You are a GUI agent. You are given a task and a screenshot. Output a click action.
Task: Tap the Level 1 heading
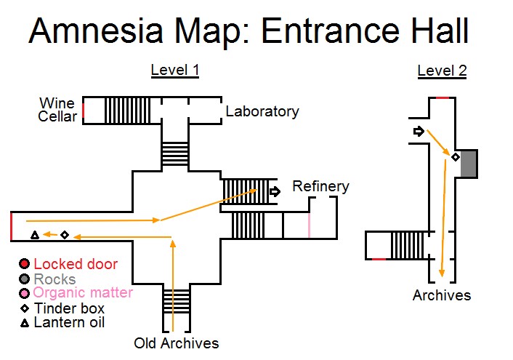pyautogui.click(x=174, y=71)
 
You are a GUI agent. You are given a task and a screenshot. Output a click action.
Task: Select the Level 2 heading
pyautogui.click(x=442, y=71)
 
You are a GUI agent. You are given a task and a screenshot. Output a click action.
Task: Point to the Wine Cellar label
pyautogui.click(x=57, y=109)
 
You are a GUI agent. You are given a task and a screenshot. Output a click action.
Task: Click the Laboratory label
pyautogui.click(x=262, y=111)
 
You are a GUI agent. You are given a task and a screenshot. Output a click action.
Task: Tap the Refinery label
pyautogui.click(x=320, y=186)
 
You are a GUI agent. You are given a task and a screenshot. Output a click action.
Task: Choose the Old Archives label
pyautogui.click(x=176, y=343)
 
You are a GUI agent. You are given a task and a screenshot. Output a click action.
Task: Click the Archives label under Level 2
pyautogui.click(x=442, y=295)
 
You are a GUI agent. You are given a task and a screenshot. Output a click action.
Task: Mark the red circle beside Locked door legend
pyautogui.click(x=24, y=264)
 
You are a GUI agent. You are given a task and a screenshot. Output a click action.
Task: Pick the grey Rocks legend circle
pyautogui.click(x=24, y=279)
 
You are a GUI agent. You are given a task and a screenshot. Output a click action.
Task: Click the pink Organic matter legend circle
pyautogui.click(x=24, y=293)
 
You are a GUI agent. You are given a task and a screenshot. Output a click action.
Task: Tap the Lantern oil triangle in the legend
pyautogui.click(x=24, y=322)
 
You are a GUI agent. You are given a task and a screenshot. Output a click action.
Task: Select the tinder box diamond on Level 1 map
pyautogui.click(x=65, y=235)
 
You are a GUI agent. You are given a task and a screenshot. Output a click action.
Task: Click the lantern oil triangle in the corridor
pyautogui.click(x=34, y=235)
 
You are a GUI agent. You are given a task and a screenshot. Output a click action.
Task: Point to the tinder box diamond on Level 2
pyautogui.click(x=456, y=157)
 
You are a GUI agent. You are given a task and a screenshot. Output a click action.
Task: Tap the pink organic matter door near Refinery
pyautogui.click(x=309, y=225)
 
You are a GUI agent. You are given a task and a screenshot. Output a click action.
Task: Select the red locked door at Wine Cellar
pyautogui.click(x=84, y=111)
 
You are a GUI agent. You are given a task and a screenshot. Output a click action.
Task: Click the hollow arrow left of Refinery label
pyautogui.click(x=275, y=192)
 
